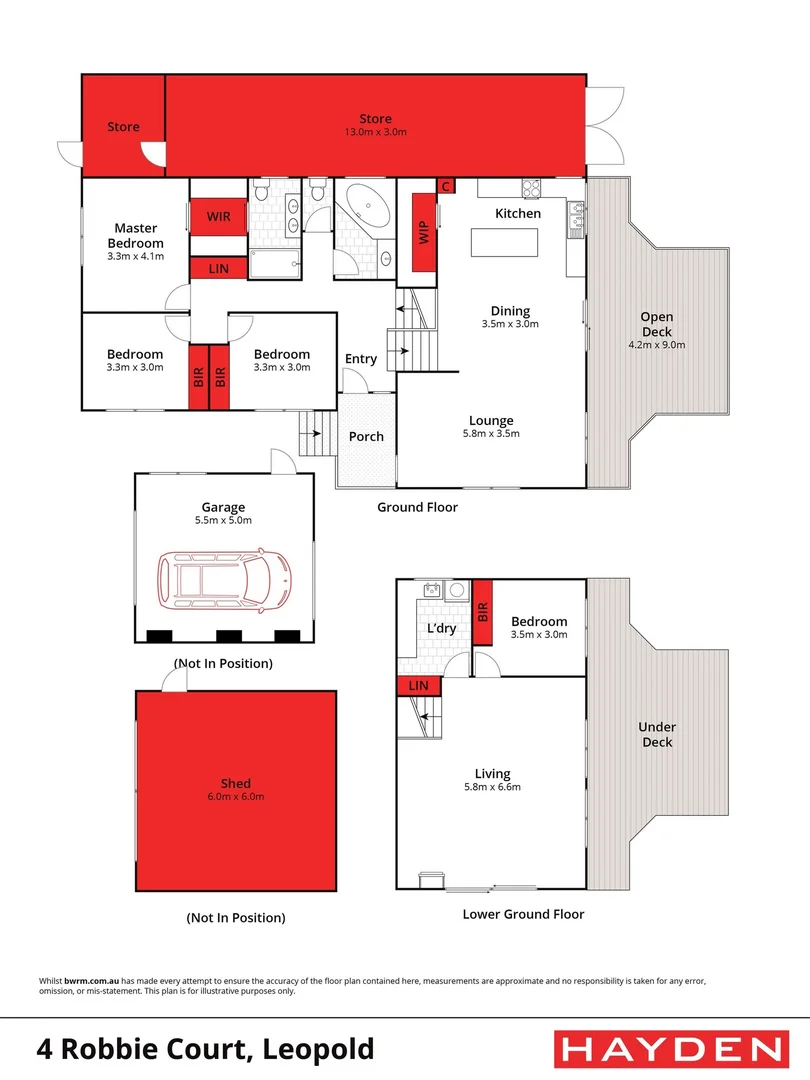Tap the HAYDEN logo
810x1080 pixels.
tap(670, 1049)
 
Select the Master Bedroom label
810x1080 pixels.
tap(136, 236)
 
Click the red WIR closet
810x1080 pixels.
tap(219, 217)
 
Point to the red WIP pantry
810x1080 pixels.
tap(423, 233)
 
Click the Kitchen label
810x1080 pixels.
tap(518, 213)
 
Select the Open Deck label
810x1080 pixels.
tap(657, 325)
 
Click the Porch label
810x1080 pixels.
tap(366, 437)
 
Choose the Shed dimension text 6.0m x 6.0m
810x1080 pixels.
tap(236, 797)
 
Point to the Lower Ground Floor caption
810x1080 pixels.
tap(523, 914)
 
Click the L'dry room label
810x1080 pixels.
tap(442, 628)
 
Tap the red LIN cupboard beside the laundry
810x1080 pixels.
tap(419, 686)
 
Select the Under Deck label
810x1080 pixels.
tap(657, 735)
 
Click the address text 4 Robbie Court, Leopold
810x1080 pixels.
tap(205, 1049)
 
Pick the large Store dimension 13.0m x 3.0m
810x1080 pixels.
tap(376, 132)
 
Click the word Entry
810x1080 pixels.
tap(361, 359)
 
